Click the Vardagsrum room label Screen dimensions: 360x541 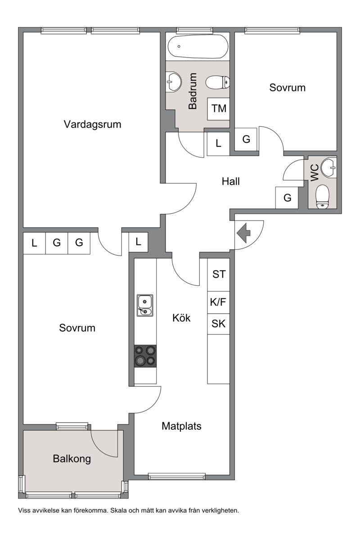pos(92,125)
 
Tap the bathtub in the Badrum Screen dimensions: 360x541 pos(198,46)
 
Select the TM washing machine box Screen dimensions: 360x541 pos(218,108)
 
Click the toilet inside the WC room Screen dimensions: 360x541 pos(322,196)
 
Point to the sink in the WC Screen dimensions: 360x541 pos(328,167)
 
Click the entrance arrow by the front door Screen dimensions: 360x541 pos(243,233)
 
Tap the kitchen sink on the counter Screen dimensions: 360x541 pos(145,305)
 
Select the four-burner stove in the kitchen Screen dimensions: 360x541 pos(145,356)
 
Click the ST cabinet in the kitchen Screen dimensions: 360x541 pos(218,275)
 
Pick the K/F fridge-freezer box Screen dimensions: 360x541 pos(218,302)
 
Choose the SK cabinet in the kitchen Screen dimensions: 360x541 pos(218,324)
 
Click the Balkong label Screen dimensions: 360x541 pos(72,459)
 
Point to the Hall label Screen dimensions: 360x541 pos(231,182)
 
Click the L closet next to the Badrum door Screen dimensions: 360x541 pos(218,144)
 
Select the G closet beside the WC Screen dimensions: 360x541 pos(287,198)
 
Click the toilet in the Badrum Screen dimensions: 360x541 pos(217,82)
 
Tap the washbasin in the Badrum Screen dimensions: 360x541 pos(174,81)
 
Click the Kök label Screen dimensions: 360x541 pos(181,318)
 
